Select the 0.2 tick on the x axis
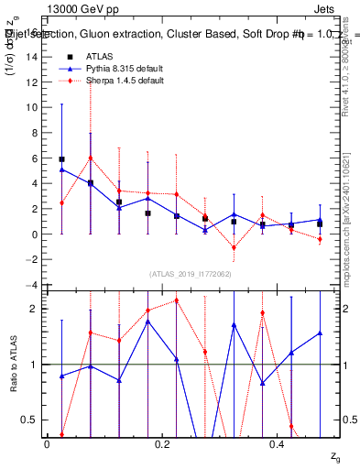pos(162,443)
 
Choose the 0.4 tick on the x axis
pos(277,443)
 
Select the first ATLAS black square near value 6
pos(61,159)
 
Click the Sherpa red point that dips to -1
pos(234,247)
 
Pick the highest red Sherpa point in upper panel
pos(90,158)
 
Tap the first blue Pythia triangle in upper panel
pos(61,169)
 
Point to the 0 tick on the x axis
pos(47,443)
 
